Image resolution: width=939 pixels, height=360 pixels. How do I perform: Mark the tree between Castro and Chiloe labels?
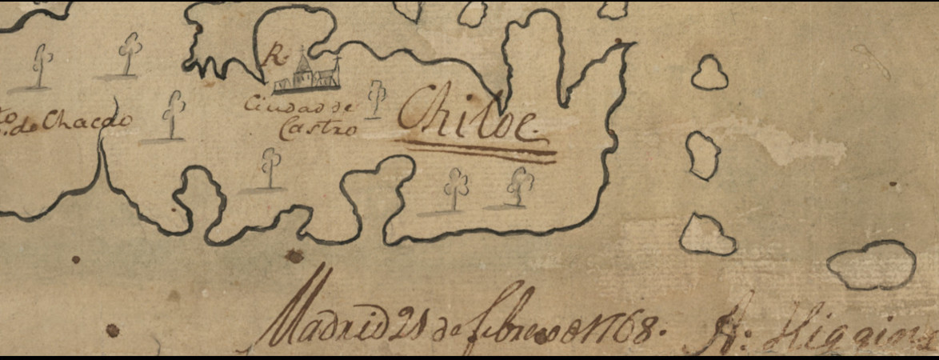[376, 98]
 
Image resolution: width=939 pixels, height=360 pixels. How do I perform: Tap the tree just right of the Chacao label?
[173, 114]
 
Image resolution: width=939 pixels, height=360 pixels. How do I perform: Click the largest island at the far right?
[872, 264]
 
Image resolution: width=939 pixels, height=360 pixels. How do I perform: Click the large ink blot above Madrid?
[296, 256]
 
